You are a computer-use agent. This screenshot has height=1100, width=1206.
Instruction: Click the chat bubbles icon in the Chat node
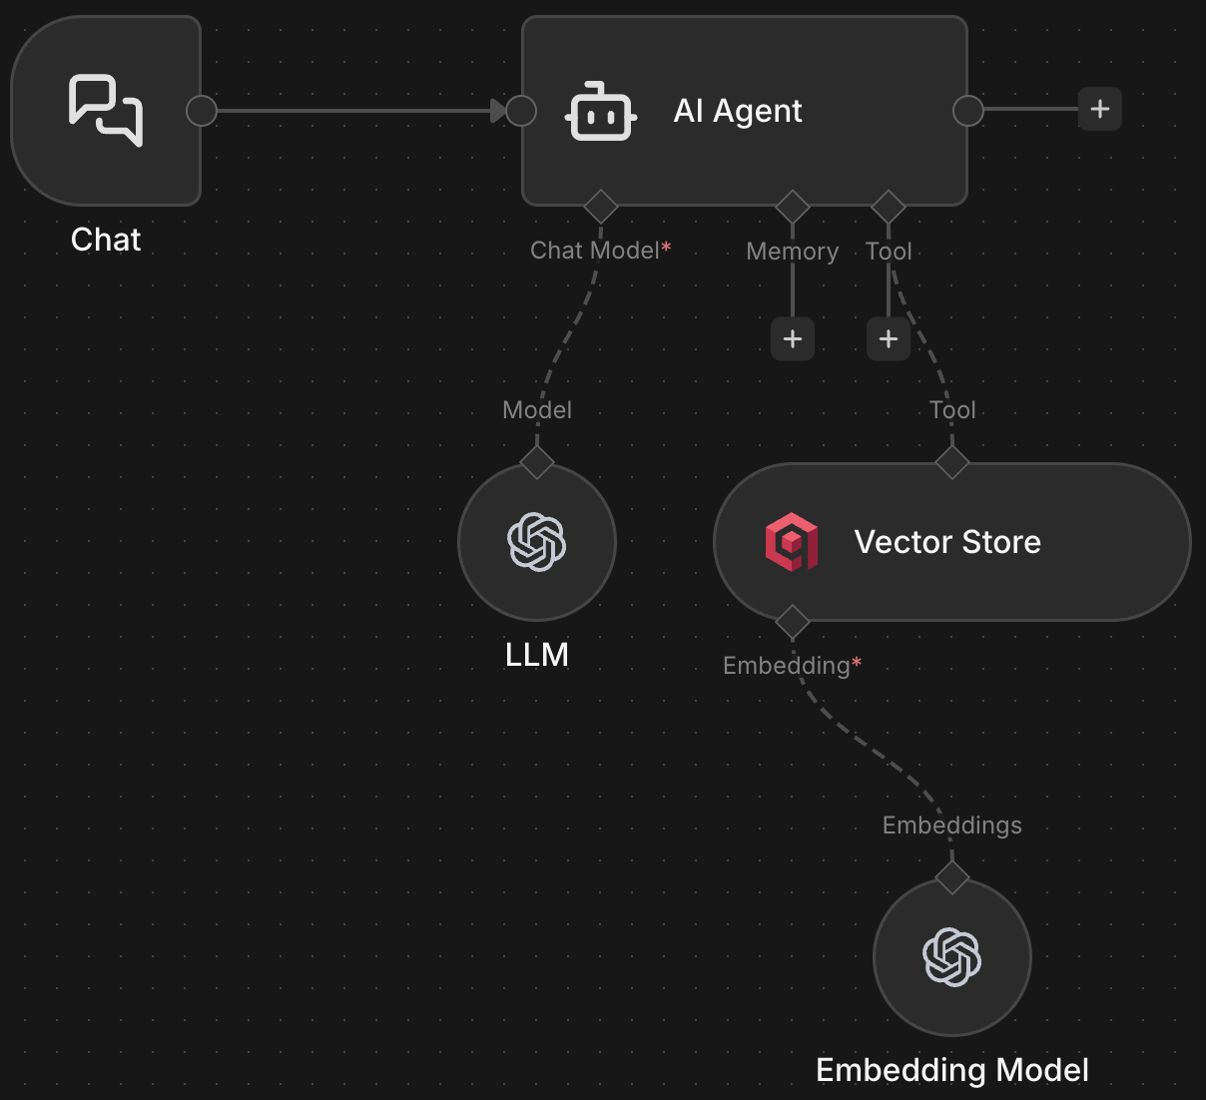106,110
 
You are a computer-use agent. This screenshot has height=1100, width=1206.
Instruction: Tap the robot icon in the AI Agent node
601,112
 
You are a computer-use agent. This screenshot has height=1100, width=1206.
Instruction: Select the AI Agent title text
738,111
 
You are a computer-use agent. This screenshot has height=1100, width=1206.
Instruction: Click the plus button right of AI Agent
1100,109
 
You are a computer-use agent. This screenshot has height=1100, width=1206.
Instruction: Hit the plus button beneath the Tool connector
889,339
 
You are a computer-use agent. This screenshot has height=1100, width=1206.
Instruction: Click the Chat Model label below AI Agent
595,251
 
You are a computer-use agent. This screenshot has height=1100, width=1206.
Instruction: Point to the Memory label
792,252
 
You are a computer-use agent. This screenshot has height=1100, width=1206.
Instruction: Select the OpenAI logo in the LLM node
537,542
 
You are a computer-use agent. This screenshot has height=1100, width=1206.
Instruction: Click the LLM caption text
537,655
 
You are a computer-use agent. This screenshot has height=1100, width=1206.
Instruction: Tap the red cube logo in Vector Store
792,542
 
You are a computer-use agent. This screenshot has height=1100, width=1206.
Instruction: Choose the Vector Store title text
947,542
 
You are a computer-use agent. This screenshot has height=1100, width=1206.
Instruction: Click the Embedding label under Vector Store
787,666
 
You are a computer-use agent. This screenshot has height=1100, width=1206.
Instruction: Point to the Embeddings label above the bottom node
951,825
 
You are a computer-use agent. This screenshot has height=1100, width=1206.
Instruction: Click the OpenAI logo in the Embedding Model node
952,957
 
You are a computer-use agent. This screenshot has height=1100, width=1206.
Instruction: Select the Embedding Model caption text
951,1070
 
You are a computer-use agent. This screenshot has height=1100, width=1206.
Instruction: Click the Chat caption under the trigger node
106,240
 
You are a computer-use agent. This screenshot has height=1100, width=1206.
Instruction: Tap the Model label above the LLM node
537,410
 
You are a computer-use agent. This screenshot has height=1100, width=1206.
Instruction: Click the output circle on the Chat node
202,111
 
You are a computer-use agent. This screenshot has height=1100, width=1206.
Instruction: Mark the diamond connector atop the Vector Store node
952,462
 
